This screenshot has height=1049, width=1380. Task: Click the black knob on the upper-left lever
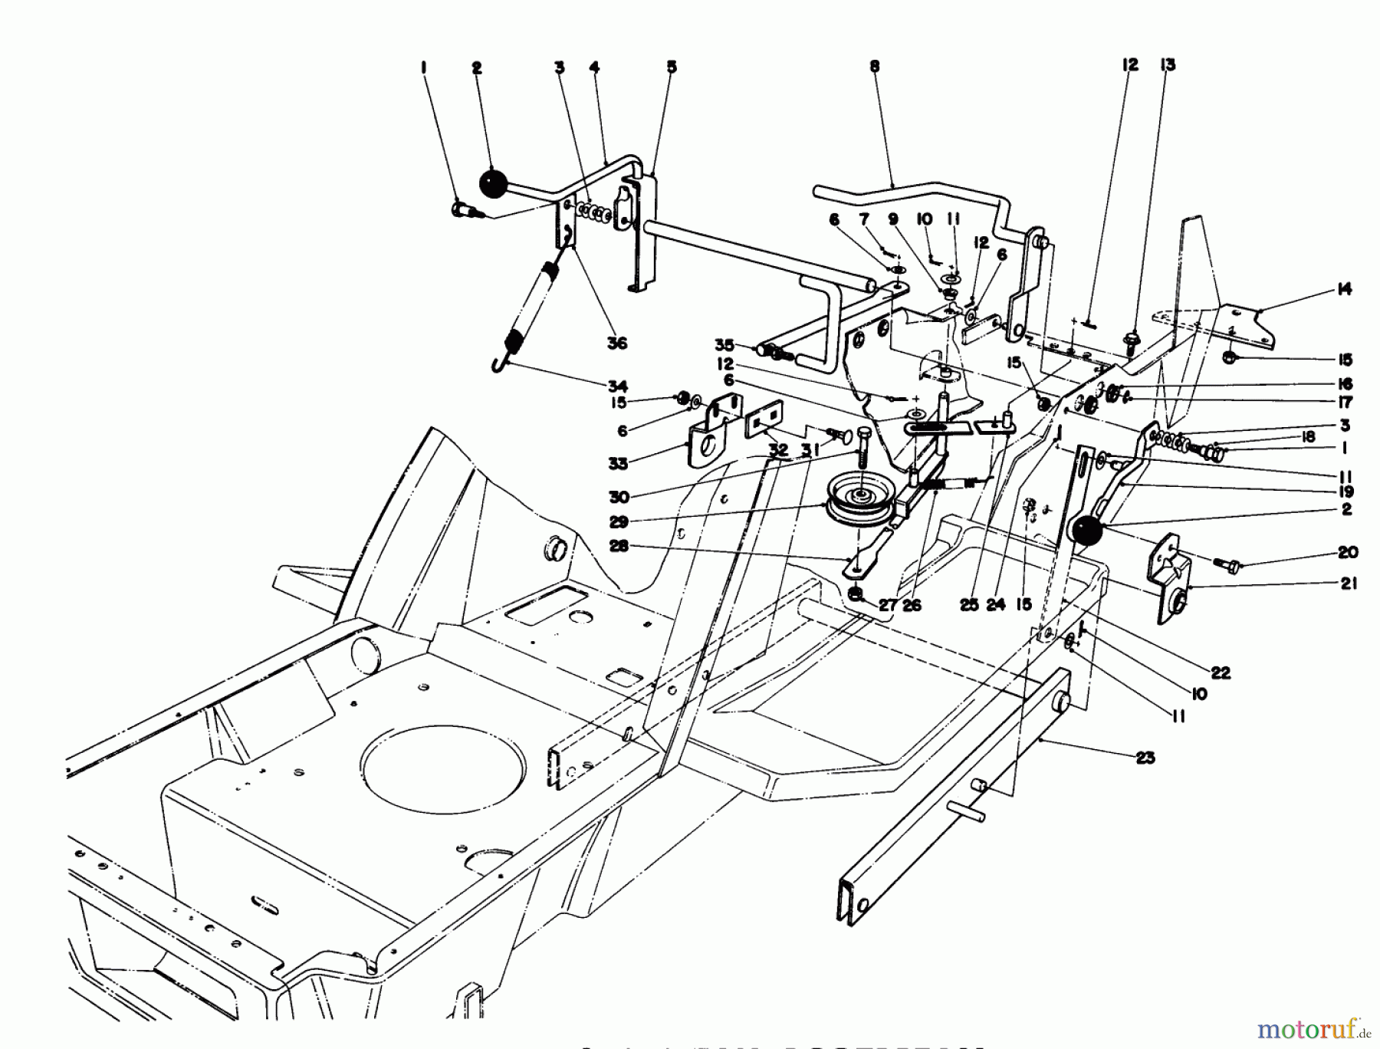(x=494, y=184)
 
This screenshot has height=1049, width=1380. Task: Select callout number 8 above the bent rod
(x=875, y=67)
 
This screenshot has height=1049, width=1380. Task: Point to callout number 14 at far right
(x=1343, y=290)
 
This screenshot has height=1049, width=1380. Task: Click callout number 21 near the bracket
(x=1349, y=584)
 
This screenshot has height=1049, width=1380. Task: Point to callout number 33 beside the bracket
(x=618, y=463)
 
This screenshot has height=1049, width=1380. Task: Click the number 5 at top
(x=672, y=67)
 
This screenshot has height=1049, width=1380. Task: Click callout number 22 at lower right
(x=1221, y=672)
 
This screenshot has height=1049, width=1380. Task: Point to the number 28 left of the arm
(x=617, y=546)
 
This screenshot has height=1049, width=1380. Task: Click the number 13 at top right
(x=1168, y=65)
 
